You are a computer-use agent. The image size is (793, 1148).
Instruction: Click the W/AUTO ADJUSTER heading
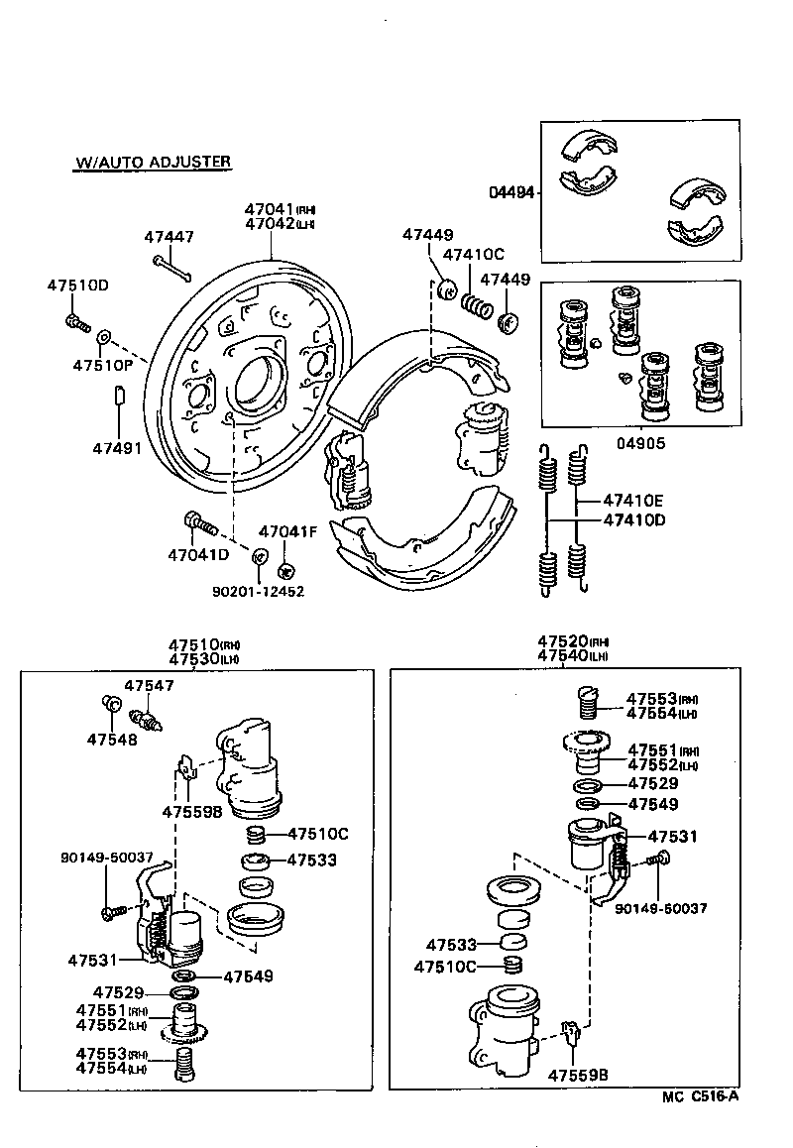153,162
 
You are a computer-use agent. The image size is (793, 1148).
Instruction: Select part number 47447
169,237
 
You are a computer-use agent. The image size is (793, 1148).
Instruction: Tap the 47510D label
77,286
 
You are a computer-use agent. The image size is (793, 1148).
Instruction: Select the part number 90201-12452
258,591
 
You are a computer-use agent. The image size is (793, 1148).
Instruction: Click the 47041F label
287,532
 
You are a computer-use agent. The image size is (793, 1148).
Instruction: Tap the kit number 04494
511,193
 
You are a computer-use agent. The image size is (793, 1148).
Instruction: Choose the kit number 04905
639,444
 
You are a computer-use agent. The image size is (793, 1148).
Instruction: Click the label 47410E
636,502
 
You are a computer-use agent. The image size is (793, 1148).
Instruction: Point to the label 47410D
636,519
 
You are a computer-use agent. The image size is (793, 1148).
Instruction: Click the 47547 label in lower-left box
149,685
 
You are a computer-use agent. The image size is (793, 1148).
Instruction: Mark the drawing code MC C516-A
701,1095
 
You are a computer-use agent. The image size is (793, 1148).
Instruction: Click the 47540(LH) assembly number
572,655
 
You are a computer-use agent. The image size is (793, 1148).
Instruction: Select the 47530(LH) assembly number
203,658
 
